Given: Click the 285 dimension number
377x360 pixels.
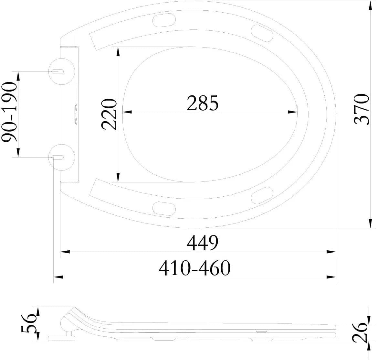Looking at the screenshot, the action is click(x=203, y=103).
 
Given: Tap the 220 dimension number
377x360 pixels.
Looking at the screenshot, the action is click(x=109, y=114).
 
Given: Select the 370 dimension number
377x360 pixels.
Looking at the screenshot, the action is click(x=361, y=109).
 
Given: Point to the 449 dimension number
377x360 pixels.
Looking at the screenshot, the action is click(x=203, y=243).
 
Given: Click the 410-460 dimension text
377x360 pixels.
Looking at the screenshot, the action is click(x=194, y=268).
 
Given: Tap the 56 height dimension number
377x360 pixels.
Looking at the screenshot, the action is click(x=29, y=323).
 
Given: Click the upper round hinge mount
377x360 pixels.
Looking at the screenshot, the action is click(x=62, y=71).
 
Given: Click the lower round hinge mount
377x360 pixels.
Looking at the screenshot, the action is click(x=62, y=157).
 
